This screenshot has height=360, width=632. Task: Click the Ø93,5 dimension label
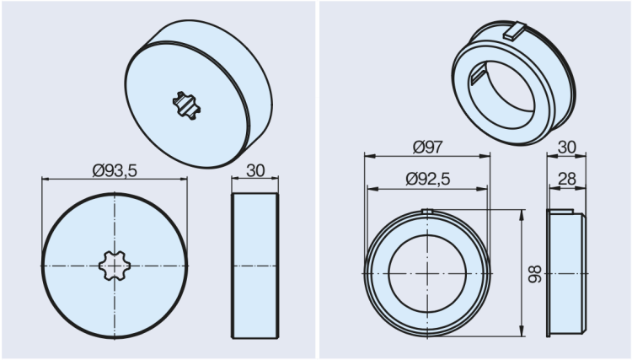point(115,169)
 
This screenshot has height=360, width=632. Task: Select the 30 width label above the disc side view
point(254,169)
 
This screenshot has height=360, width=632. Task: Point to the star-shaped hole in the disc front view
point(115,266)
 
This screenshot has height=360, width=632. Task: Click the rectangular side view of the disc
point(254,266)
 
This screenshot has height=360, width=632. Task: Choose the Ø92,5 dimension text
point(428,179)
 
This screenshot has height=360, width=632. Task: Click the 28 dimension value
point(566,179)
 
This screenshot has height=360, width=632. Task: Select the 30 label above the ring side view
point(567,147)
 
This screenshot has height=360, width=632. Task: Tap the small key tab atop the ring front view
point(427,211)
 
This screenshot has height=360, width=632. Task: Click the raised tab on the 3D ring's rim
point(513,33)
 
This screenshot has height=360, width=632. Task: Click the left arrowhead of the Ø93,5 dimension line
point(45,180)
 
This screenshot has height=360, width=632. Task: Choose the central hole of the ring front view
point(427,273)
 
